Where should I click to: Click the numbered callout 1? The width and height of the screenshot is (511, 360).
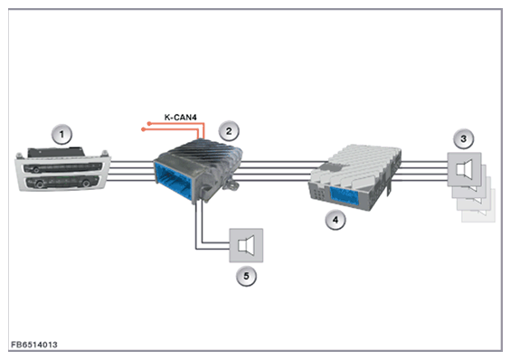tap(62, 134)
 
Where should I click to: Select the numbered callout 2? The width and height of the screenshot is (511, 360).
tap(229, 131)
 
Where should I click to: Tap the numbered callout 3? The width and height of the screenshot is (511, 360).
tap(463, 138)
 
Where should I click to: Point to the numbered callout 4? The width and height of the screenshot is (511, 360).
tap(336, 220)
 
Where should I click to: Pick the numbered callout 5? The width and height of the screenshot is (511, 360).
tap(246, 276)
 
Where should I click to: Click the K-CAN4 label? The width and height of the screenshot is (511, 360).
tap(180, 118)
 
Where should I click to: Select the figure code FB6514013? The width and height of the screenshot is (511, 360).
tap(33, 345)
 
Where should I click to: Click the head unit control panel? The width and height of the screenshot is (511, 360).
tap(62, 169)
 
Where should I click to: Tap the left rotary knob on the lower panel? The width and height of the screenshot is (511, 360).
tap(40, 185)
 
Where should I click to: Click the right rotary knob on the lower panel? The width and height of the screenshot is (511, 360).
tap(86, 184)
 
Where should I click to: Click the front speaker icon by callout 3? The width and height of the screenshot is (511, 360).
tap(464, 169)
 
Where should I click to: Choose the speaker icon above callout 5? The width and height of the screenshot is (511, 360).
tap(246, 245)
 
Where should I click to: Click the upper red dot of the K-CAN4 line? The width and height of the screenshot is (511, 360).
tap(149, 124)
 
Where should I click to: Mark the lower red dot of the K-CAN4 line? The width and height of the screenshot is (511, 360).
tap(143, 129)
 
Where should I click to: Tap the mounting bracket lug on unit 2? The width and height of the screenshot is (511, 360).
tap(232, 185)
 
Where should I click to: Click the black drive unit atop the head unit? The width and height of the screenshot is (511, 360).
tap(56, 152)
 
